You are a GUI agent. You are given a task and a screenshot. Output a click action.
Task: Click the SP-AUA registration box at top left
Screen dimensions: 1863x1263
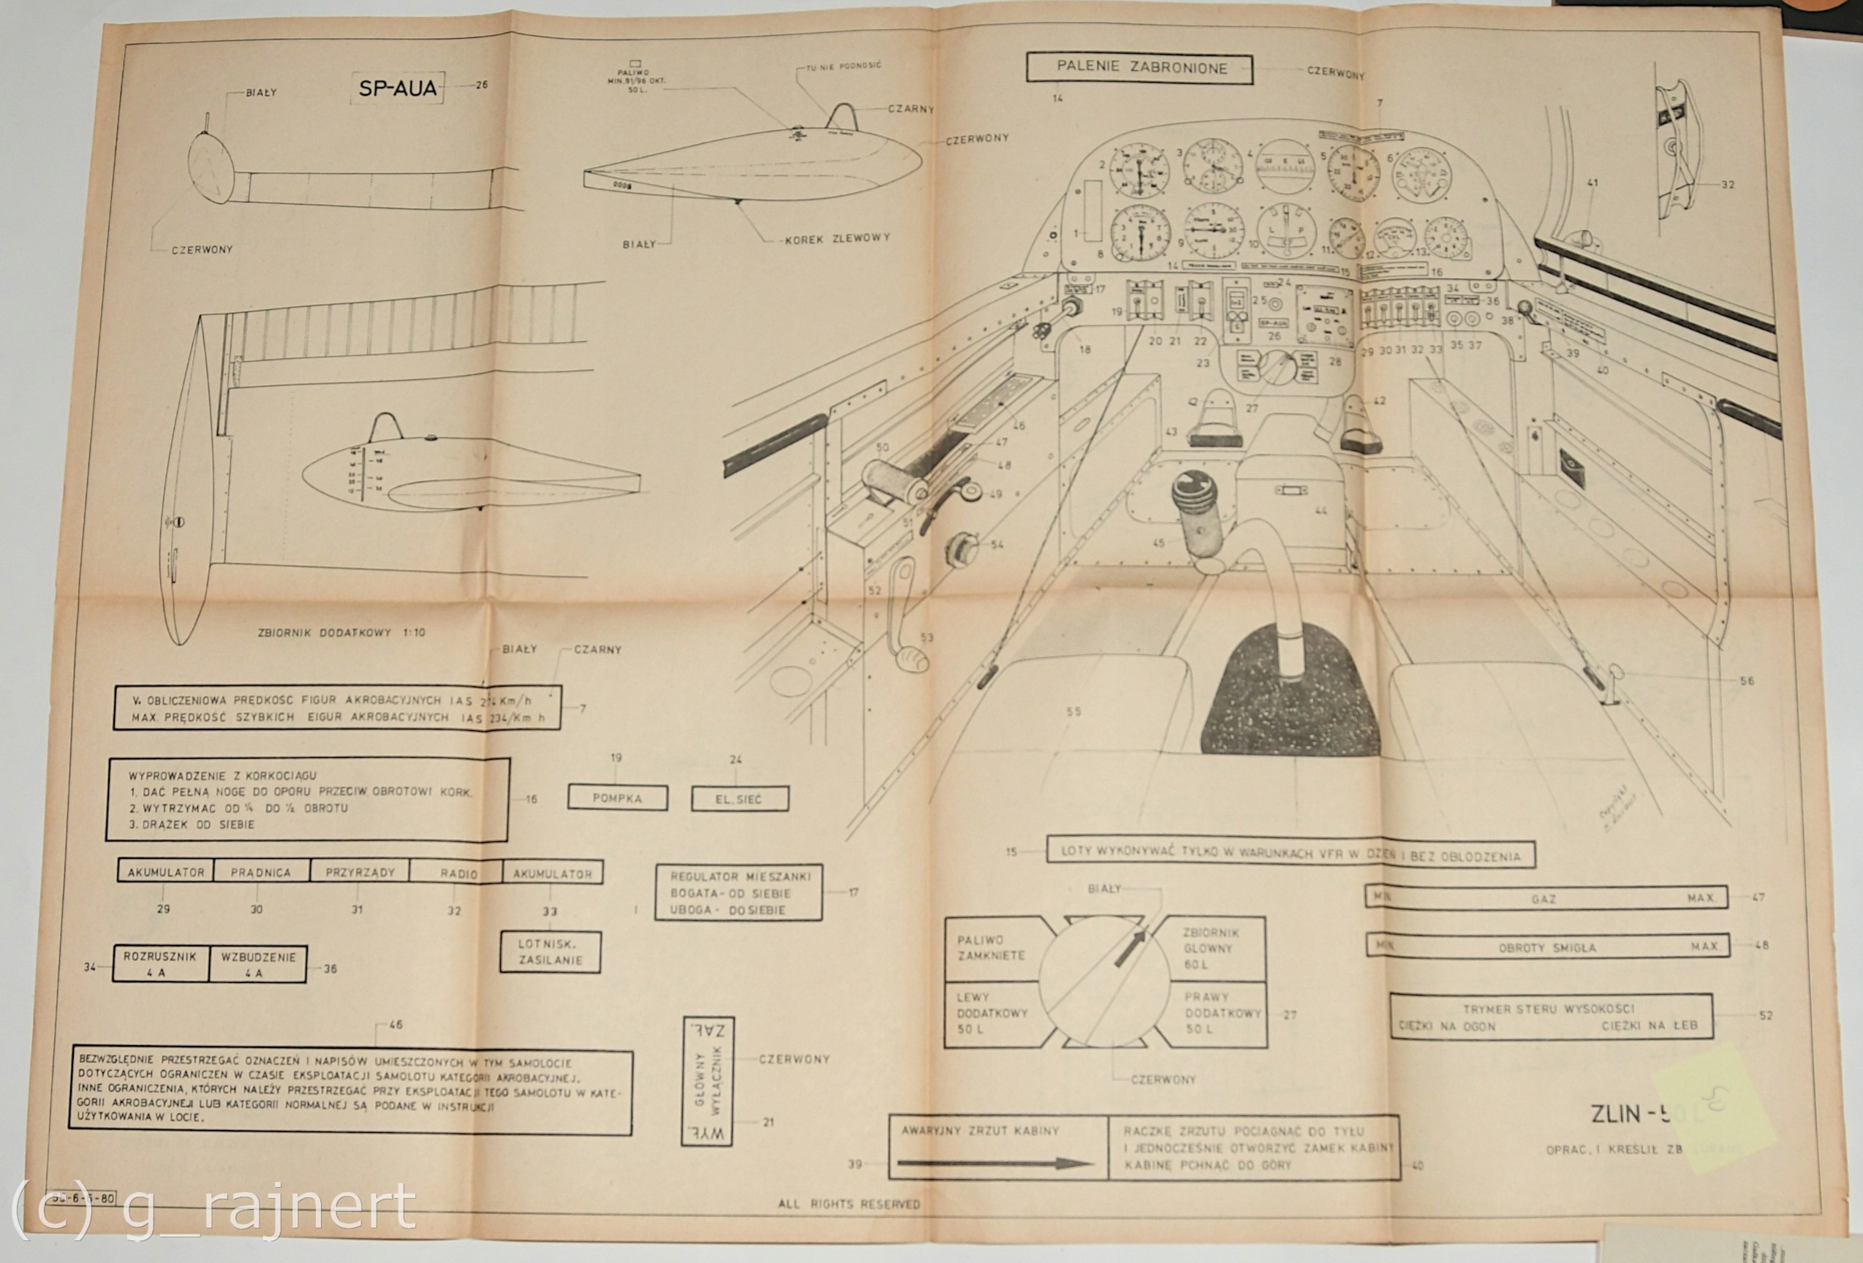398,88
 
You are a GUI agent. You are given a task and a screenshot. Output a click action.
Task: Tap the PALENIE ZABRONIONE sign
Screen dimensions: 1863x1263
1141,68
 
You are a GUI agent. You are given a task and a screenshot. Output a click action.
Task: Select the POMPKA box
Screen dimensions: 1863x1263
616,797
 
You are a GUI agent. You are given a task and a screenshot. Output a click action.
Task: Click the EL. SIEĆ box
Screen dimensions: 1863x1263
739,798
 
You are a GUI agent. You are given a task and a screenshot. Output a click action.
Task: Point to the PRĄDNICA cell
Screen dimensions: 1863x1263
260,871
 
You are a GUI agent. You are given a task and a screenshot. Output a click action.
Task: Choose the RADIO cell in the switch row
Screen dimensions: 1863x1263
458,873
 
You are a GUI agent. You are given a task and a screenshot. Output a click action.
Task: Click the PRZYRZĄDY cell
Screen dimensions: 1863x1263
360,872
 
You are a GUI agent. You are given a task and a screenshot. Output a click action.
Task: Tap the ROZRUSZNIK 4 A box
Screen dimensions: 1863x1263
160,965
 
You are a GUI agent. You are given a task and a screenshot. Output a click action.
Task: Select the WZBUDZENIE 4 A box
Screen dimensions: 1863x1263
258,965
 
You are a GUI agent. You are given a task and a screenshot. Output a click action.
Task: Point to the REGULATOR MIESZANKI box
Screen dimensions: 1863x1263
738,892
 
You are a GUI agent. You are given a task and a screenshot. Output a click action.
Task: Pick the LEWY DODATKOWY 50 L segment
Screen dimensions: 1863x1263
991,1013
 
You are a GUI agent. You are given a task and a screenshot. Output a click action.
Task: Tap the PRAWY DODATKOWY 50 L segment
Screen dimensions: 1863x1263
1215,1013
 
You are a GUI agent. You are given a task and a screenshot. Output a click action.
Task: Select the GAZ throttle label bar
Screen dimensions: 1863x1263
1545,898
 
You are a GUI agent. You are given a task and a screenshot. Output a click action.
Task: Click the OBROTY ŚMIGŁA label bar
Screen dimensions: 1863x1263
1546,947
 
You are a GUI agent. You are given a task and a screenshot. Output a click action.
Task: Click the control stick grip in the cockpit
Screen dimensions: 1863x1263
1197,513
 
